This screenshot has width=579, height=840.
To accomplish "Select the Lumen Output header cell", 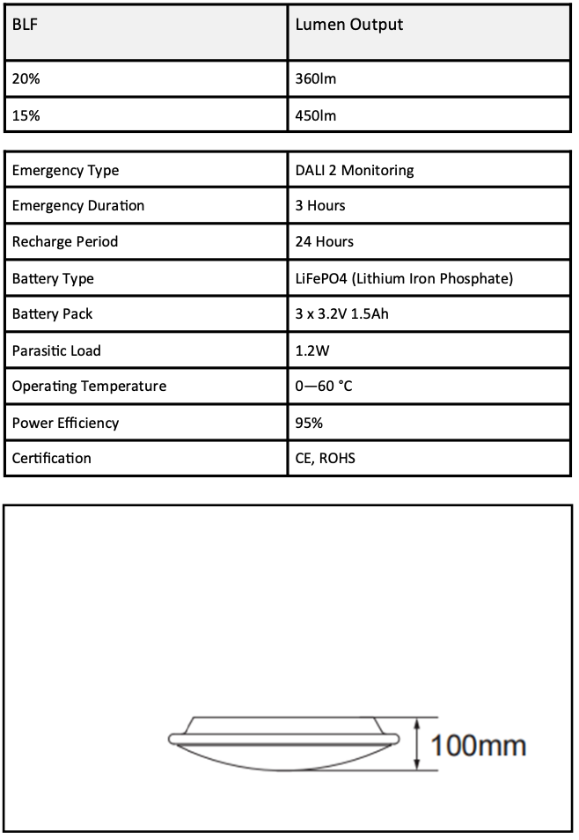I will pos(348,25).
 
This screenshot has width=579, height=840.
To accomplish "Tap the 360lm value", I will pos(316,79).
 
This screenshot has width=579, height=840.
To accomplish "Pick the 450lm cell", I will pos(316,115).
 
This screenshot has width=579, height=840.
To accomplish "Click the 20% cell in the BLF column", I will pos(26,79).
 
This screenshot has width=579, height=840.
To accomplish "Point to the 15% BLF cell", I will pos(26,115).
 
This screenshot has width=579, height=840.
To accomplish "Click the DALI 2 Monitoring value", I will pos(354,170).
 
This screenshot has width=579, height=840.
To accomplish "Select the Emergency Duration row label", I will pos(77,206).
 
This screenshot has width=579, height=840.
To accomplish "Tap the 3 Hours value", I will pos(320,206).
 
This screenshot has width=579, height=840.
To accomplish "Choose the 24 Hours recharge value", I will pos(324,242).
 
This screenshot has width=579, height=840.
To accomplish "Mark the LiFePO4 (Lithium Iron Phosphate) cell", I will pos(404,279).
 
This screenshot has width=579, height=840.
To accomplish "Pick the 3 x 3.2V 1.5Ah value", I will pos(341,314).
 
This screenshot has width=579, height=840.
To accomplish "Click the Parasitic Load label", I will pos(56,350).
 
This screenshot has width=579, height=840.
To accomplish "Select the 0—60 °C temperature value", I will pos(324,387).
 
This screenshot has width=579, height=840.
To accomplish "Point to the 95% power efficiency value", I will pos(309,423).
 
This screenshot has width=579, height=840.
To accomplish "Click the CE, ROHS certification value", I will pos(326,459).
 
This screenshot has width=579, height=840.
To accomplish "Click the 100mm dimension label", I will pos(477,746).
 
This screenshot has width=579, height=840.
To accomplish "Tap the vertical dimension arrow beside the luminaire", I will pos(416,745).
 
